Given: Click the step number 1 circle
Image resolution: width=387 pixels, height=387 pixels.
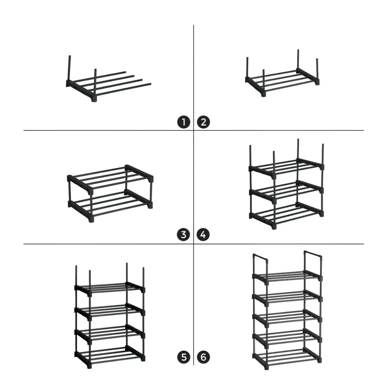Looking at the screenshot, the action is tap(184, 122).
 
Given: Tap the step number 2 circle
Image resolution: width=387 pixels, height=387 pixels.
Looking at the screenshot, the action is tap(203, 122).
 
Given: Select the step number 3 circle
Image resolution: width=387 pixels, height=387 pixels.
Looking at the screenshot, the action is tap(184, 234).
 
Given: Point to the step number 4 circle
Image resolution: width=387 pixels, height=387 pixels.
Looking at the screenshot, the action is tap(203, 234).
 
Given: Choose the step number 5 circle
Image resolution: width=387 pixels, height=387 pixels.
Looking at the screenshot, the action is tap(184, 357).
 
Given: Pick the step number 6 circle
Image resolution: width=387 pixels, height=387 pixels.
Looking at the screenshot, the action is tap(203, 357).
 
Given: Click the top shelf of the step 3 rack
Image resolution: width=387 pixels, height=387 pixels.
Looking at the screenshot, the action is tap(110, 177).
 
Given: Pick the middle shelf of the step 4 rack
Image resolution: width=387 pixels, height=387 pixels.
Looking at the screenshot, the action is tap(286, 192).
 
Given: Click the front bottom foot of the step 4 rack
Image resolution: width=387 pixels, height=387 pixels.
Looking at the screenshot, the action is tap(274, 226).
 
